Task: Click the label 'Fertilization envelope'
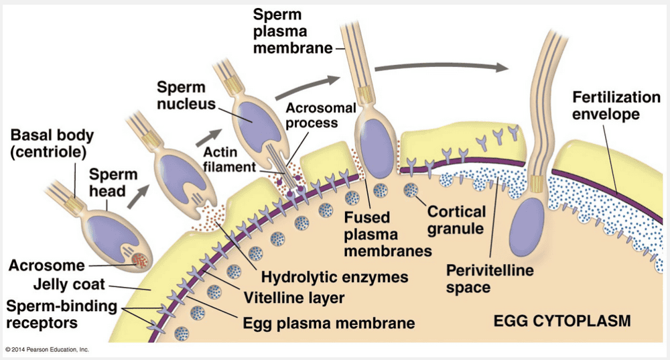pos(606,106)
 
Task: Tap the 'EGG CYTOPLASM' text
pos(561,321)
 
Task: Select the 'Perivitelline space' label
pos(490,279)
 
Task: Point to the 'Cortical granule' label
pos(456,220)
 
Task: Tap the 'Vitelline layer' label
pos(294,298)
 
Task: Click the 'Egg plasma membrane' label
pos(326,322)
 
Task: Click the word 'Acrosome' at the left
pos(47,265)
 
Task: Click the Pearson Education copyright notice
pos(47,349)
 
